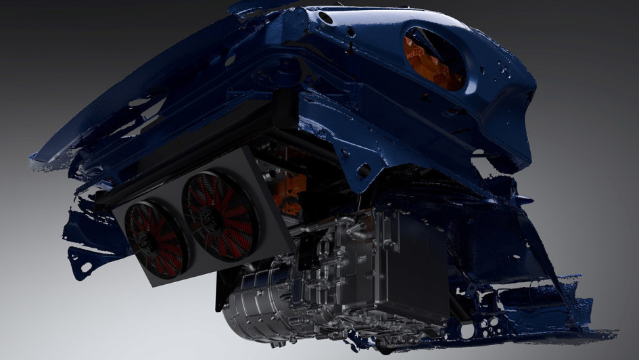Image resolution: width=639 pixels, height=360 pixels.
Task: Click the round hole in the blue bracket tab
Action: coord(364,171)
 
